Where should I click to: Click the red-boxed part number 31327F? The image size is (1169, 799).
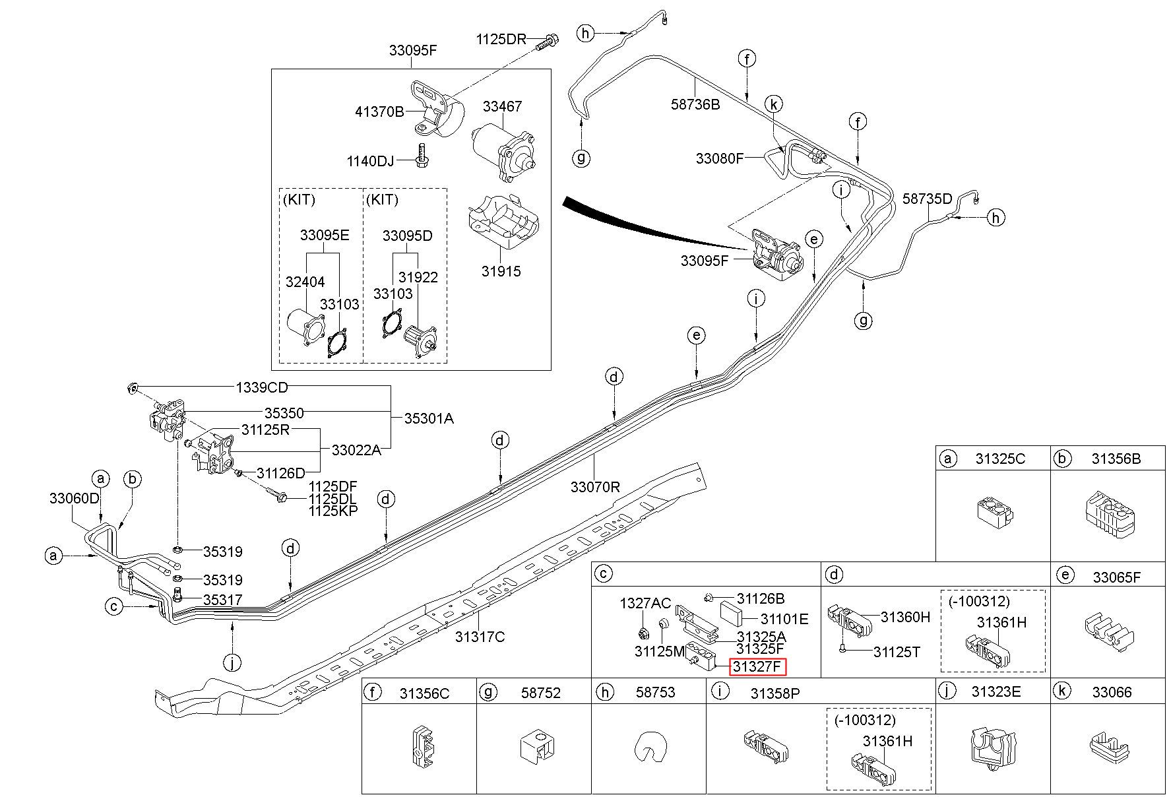(x=758, y=667)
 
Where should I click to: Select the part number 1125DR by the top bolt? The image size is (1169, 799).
(x=501, y=39)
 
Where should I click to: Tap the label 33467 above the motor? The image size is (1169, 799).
(x=502, y=107)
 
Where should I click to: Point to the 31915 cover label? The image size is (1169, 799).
(x=501, y=271)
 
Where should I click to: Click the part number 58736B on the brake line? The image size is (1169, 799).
(x=696, y=104)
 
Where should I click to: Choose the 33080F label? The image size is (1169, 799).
(x=720, y=159)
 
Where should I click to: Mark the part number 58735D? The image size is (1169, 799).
(x=928, y=199)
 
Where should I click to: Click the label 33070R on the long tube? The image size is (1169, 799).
(x=596, y=488)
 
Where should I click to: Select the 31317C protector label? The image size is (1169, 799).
(x=480, y=637)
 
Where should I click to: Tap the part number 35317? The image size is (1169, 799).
(x=222, y=600)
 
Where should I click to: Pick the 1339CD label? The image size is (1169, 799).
(x=262, y=387)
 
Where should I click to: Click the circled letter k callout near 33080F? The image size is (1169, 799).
(x=774, y=104)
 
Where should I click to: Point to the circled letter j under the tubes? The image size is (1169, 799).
(x=232, y=662)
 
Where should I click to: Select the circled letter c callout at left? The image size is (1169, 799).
(x=115, y=606)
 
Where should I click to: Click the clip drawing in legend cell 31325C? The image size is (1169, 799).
(x=995, y=513)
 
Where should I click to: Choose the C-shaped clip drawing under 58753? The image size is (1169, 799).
(x=648, y=751)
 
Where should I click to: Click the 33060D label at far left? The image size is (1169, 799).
(x=75, y=499)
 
